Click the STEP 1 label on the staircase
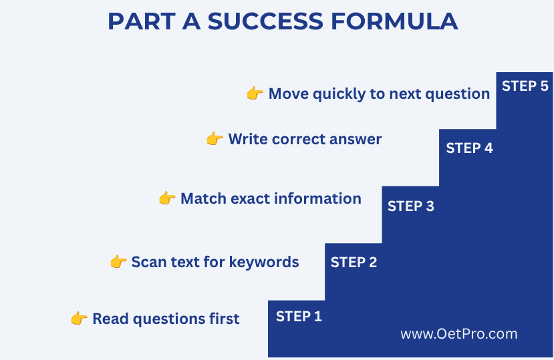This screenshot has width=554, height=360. (x=299, y=316)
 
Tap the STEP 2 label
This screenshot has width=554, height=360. (x=354, y=262)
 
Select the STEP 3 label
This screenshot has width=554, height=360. (x=410, y=206)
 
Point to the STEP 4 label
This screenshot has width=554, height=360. (x=469, y=148)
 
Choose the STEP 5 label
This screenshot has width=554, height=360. (x=525, y=86)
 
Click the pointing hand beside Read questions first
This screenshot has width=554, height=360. (x=79, y=319)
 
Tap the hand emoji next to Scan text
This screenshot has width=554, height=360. (x=118, y=262)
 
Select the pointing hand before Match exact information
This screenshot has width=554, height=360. (x=167, y=198)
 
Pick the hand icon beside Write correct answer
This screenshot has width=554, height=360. (x=215, y=139)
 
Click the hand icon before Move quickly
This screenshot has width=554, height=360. (x=255, y=94)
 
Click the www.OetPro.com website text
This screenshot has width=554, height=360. (x=459, y=334)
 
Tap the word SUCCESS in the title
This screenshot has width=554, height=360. (x=265, y=21)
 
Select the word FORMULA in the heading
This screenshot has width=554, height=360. (x=394, y=21)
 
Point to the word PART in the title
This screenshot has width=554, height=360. (x=142, y=21)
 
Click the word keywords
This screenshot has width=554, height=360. (x=264, y=262)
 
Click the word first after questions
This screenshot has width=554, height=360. (x=224, y=319)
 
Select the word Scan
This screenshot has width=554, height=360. (x=146, y=262)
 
